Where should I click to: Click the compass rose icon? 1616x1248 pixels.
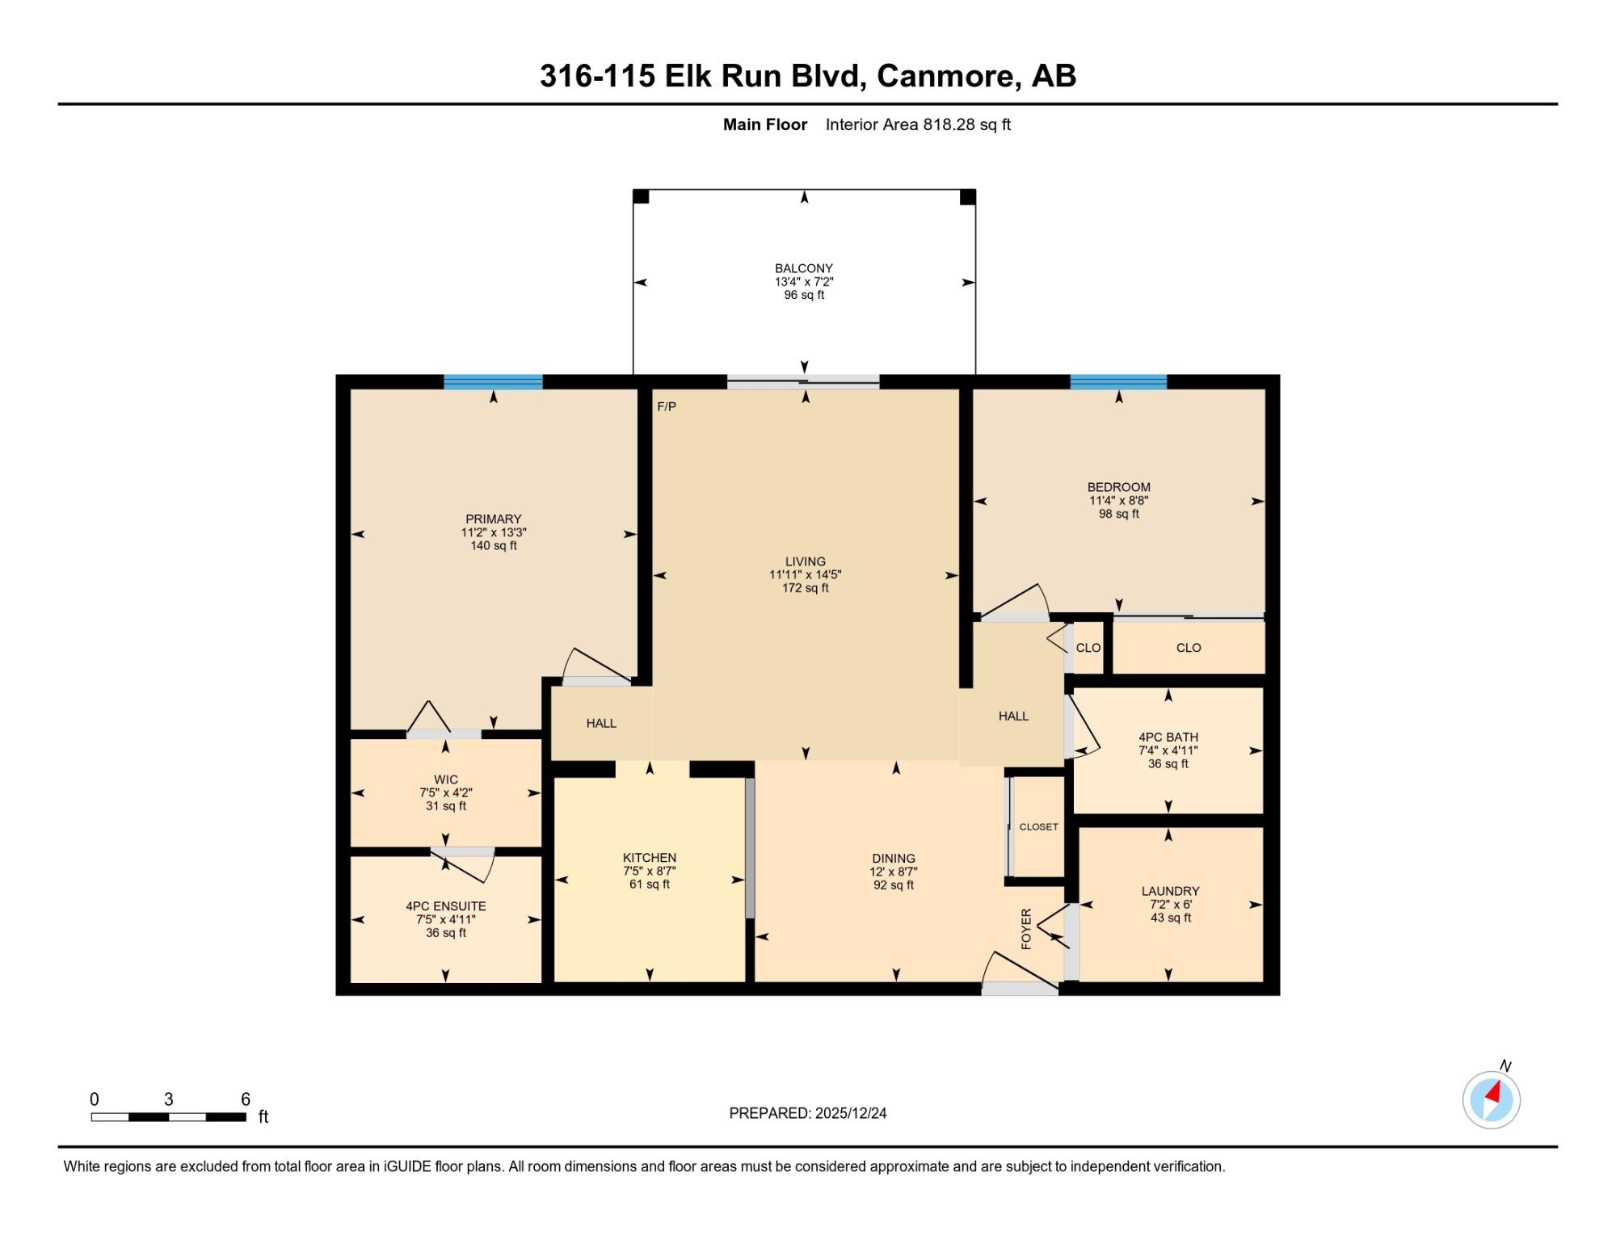coord(1492,1099)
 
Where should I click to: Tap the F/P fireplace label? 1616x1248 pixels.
coord(667,406)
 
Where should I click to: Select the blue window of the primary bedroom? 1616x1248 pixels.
coord(493,382)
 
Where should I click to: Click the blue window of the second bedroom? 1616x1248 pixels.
coord(1118,382)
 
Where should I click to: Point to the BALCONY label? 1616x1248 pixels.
coord(804,268)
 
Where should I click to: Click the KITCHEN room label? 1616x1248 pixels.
coord(650,858)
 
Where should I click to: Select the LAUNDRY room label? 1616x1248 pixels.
coord(1170,891)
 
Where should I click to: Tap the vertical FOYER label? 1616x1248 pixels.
coord(1026,929)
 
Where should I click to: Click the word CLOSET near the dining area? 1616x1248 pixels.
coord(1038,827)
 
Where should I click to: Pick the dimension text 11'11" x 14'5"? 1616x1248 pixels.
coord(806,575)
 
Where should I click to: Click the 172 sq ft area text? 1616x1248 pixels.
coord(806,588)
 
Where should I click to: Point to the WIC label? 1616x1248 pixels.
coord(446,779)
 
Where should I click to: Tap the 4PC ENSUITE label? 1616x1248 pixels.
coord(446,906)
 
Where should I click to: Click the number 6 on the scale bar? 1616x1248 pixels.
coord(246,1099)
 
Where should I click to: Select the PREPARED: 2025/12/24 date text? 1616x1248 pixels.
coord(808,1113)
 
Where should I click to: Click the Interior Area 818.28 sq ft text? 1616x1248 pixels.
coord(918,124)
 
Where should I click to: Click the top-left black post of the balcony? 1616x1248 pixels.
coord(641,197)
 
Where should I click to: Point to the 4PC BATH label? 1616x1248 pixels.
coord(1168,737)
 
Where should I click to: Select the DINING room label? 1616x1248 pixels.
coord(894,859)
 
